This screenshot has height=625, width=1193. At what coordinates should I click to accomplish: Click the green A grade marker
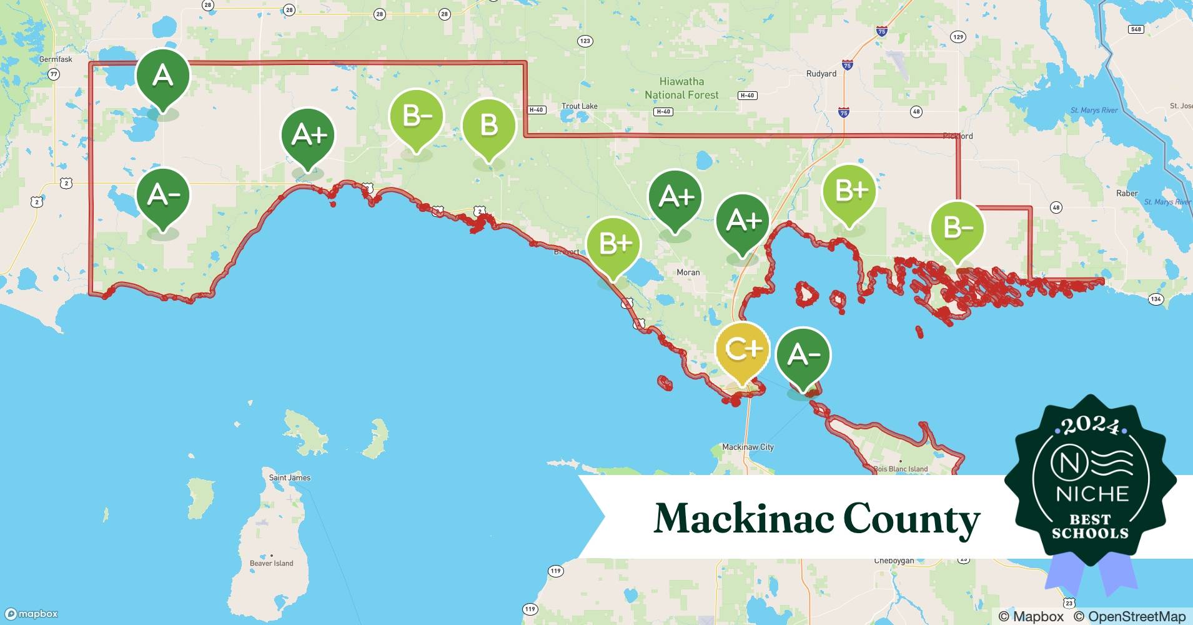(163, 77)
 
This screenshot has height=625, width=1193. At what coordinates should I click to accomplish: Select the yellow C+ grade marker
(741, 351)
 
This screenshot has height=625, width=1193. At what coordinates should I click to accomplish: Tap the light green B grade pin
(488, 127)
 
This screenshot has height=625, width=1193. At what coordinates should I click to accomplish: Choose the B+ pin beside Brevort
(614, 244)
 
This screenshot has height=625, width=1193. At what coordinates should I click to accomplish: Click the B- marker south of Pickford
(957, 228)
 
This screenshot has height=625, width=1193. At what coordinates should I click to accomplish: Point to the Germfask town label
(56, 59)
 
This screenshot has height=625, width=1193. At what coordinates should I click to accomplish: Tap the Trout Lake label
(579, 106)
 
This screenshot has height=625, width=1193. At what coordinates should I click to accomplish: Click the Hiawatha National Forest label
(681, 88)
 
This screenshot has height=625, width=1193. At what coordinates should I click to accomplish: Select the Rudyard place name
(821, 74)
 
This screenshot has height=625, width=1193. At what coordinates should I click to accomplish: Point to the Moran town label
(688, 272)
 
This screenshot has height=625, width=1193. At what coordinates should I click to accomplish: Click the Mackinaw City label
(748, 447)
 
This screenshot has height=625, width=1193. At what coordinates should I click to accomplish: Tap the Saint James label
(289, 477)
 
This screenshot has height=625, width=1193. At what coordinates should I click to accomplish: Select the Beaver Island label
(271, 563)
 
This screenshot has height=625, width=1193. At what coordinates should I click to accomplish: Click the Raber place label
(1127, 194)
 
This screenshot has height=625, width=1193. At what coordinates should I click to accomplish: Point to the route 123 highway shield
(585, 41)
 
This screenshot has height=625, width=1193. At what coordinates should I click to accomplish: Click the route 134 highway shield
(1156, 299)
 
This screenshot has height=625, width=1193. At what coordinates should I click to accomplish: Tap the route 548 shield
(1136, 29)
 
